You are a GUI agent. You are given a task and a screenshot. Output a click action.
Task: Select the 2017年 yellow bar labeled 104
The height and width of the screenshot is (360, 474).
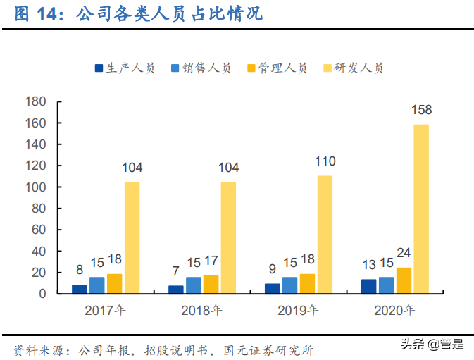tap(132, 237)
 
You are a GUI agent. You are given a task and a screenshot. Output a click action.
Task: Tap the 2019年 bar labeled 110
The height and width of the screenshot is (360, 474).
tap(324, 235)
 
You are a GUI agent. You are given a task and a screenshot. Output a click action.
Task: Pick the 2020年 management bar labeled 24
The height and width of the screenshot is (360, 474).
tap(404, 280)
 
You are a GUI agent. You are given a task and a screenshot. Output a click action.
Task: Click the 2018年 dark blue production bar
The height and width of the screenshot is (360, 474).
tap(175, 290)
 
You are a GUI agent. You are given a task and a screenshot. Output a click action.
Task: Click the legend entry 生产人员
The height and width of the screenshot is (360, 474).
tap(125, 68)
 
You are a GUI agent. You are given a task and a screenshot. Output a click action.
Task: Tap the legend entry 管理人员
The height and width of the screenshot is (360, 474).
tap(277, 68)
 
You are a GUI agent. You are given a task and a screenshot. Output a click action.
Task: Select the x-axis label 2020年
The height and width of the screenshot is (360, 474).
tap(394, 310)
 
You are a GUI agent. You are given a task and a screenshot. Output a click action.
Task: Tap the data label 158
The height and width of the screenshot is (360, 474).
tap(421, 110)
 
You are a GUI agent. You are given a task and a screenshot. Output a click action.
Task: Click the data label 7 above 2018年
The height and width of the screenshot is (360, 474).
tap(175, 271)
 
